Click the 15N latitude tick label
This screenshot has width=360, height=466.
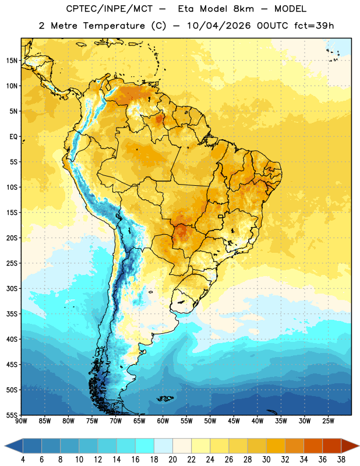pyautogui.click(x=12, y=61)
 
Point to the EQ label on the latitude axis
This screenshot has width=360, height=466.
pyautogui.click(x=13, y=137)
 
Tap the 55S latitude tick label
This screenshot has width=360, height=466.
pyautogui.click(x=12, y=415)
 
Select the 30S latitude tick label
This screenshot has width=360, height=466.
pyautogui.click(x=12, y=288)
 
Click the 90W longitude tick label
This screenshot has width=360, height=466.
pyautogui.click(x=21, y=421)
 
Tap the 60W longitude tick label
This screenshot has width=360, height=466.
pyautogui.click(x=163, y=421)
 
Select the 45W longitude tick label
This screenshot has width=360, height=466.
pyautogui.click(x=234, y=421)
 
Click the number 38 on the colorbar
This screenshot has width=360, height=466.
pyautogui.click(x=341, y=460)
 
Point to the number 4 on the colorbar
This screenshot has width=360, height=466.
pyautogui.click(x=23, y=460)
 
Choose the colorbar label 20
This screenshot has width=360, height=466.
pyautogui.click(x=172, y=460)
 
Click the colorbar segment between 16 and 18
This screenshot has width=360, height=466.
pyautogui.click(x=144, y=446)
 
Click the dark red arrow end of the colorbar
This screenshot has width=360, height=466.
pyautogui.click(x=350, y=446)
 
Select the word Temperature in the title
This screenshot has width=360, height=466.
pyautogui.click(x=114, y=26)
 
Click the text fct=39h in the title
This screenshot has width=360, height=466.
pyautogui.click(x=314, y=26)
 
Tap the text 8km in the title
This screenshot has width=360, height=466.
pyautogui.click(x=243, y=9)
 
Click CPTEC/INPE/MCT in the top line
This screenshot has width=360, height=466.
pyautogui.click(x=109, y=9)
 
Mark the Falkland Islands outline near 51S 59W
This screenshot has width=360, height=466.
pyautogui.click(x=165, y=398)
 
